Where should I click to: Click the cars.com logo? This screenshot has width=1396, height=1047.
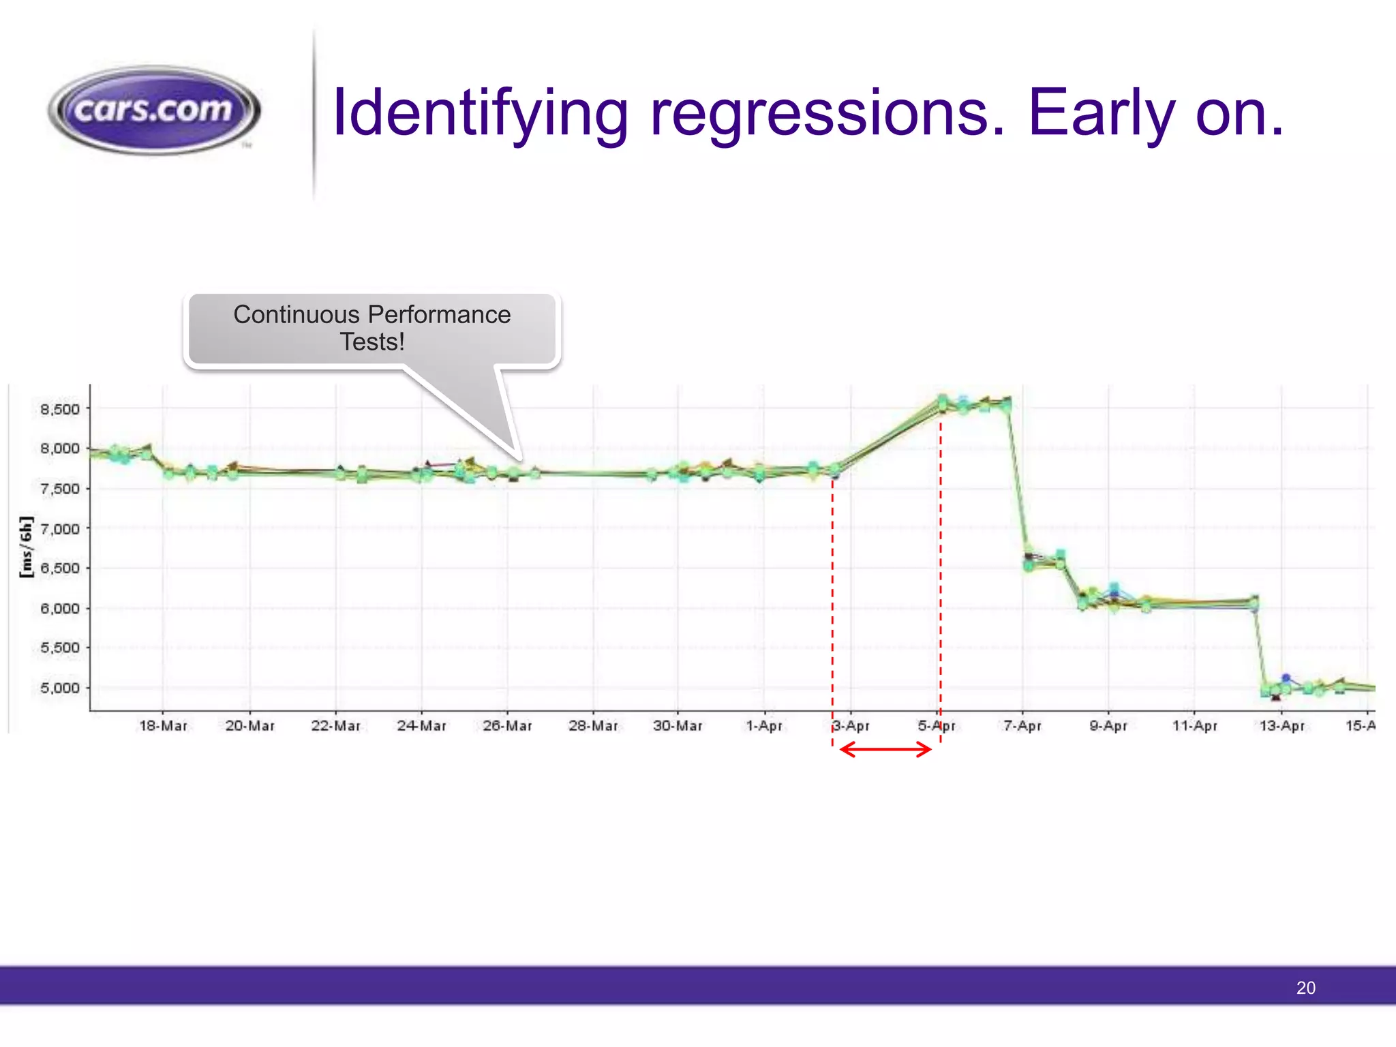154,110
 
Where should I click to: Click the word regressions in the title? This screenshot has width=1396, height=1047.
828,113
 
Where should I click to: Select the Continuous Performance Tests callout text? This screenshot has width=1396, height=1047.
372,327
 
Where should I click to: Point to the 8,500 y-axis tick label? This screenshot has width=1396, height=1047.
60,409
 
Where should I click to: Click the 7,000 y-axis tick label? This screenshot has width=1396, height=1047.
60,529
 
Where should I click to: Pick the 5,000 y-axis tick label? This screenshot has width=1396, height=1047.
60,688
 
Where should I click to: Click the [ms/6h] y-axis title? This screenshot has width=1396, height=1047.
26,547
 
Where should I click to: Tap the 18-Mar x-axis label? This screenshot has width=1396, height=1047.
163,726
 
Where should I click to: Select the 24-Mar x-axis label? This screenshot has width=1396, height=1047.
421,726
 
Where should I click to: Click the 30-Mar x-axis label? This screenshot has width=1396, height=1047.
678,726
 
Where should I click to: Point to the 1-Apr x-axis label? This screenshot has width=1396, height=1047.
764,726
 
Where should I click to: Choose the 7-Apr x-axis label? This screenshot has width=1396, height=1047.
1022,726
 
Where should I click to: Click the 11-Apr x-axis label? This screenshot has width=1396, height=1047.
1194,726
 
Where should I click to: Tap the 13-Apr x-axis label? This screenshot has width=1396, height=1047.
1281,726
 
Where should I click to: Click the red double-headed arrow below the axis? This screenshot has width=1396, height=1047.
886,750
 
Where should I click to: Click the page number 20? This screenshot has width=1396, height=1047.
1305,988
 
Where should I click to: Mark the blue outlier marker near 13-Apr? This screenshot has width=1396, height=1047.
1286,678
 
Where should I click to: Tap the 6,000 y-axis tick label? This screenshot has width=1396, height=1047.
60,608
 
